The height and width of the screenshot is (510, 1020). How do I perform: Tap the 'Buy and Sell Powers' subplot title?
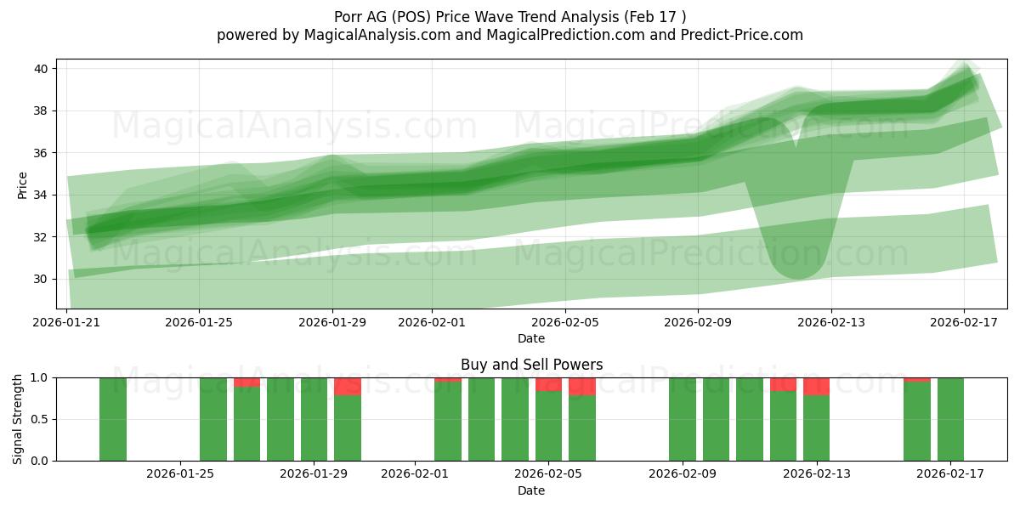pos(531,365)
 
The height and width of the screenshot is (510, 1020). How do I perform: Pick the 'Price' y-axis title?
pos(22,184)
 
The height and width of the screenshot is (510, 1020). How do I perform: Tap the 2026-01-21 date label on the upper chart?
pos(67,323)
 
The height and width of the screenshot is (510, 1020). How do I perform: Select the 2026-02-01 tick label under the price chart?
pos(432,323)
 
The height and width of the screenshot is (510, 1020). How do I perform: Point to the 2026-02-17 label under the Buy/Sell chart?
pos(950,474)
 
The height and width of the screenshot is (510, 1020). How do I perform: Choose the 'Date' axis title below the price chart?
pos(531,338)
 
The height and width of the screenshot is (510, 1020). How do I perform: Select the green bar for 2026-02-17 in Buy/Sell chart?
pos(950,419)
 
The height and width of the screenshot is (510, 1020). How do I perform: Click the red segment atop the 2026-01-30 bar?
pos(348,386)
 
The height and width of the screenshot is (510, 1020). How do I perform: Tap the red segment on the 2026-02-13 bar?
pos(816,386)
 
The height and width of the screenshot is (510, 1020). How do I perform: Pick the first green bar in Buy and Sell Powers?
pos(113,419)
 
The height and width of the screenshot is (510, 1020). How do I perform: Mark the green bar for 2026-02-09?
pos(683,419)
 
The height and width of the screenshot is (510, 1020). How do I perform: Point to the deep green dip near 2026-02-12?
pos(797,255)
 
